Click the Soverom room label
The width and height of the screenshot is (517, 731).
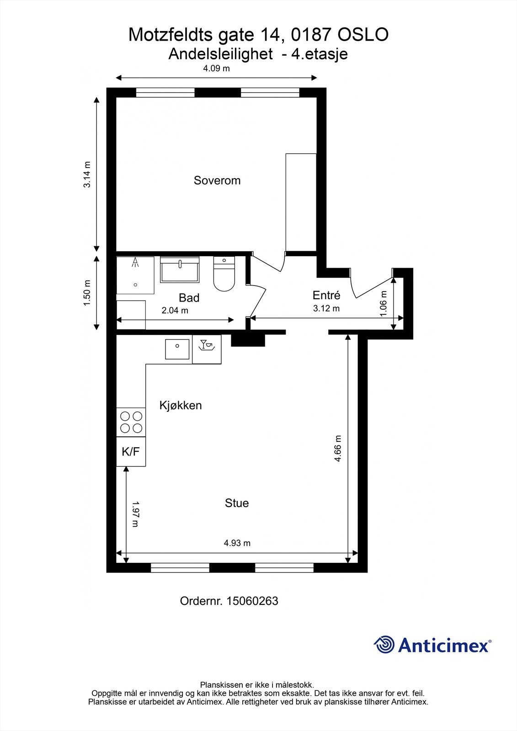[217, 180]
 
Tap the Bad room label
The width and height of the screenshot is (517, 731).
[189, 297]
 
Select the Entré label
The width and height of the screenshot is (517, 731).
[326, 295]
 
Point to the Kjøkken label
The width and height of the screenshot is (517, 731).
[181, 405]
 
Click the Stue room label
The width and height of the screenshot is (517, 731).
[237, 503]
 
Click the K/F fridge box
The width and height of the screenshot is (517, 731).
[131, 452]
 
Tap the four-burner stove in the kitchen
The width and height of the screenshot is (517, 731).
[131, 422]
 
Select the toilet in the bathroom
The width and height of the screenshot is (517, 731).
[224, 274]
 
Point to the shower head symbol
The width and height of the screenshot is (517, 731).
[135, 263]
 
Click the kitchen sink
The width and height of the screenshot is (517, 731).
[177, 349]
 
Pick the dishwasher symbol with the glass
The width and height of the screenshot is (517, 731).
[207, 345]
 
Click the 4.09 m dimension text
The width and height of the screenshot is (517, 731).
[217, 69]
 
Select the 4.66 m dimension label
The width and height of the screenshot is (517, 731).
[338, 448]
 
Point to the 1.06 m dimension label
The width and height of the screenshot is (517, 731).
[384, 303]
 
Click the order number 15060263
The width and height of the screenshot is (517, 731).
[252, 601]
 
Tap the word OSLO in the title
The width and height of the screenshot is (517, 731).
[363, 35]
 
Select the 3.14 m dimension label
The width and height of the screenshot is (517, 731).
[87, 175]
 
